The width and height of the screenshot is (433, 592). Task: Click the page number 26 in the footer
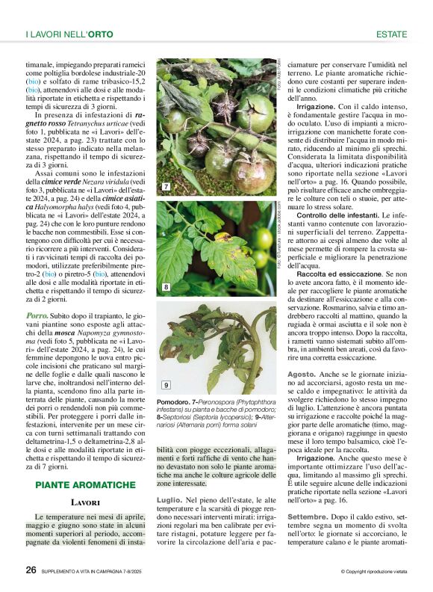click(31, 570)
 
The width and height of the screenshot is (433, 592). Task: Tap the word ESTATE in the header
click(391, 34)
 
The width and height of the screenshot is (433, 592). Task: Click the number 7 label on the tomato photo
click(166, 185)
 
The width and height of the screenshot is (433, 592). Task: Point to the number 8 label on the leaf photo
click(166, 286)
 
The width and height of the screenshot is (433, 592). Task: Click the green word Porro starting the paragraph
click(38, 315)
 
